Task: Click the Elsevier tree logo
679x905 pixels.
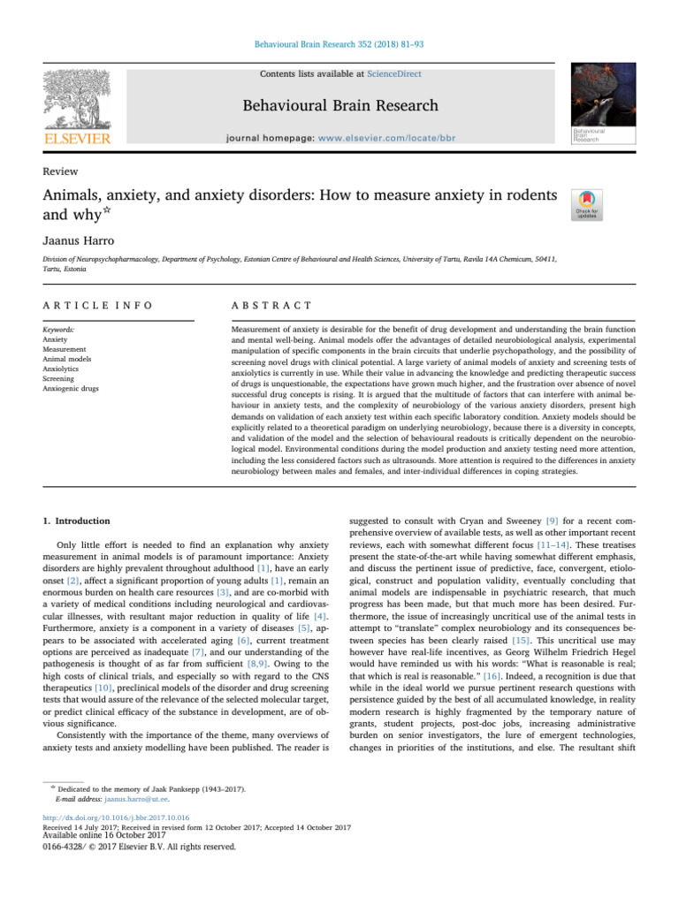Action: point(78,102)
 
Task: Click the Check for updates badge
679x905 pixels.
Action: point(586,204)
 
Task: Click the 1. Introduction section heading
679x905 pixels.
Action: point(79,521)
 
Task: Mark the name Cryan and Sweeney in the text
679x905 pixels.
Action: point(488,521)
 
